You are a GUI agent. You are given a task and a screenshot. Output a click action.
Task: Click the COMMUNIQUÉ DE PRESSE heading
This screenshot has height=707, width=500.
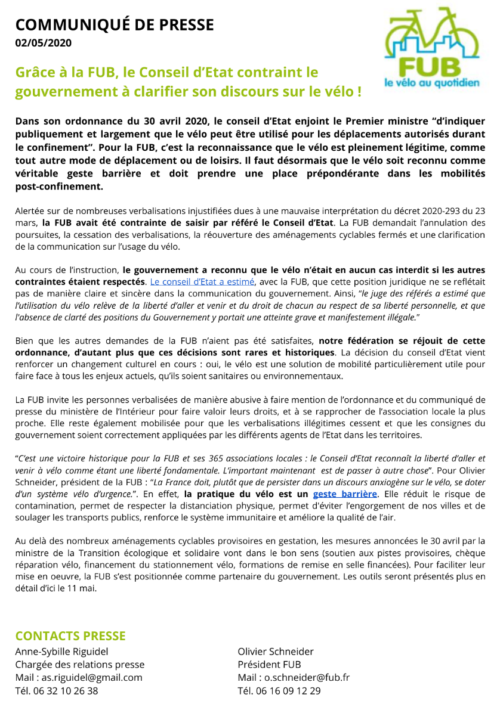coord(114,25)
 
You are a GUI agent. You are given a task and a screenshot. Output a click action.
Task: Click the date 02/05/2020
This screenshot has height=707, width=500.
coord(43,43)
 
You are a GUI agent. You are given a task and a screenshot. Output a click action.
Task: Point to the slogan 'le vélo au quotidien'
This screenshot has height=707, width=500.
coord(432,83)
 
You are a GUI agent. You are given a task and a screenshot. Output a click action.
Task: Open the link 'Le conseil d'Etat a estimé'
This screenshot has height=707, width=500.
coord(202,281)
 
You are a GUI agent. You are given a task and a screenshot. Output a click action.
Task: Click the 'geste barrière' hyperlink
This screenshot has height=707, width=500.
coord(345,494)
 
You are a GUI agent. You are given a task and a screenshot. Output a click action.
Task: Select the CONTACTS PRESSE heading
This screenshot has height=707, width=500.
coord(70,636)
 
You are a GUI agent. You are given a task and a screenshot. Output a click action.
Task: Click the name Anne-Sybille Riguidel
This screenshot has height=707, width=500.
coord(61,652)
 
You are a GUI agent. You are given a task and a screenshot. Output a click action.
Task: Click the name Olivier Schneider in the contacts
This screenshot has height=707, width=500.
coord(276,652)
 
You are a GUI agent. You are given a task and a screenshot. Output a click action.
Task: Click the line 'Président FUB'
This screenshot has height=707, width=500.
coord(269,665)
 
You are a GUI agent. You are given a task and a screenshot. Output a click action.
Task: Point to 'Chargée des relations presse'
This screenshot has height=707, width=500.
coord(79,665)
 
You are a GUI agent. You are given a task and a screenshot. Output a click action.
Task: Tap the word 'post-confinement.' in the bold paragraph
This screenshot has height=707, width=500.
coord(59,187)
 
